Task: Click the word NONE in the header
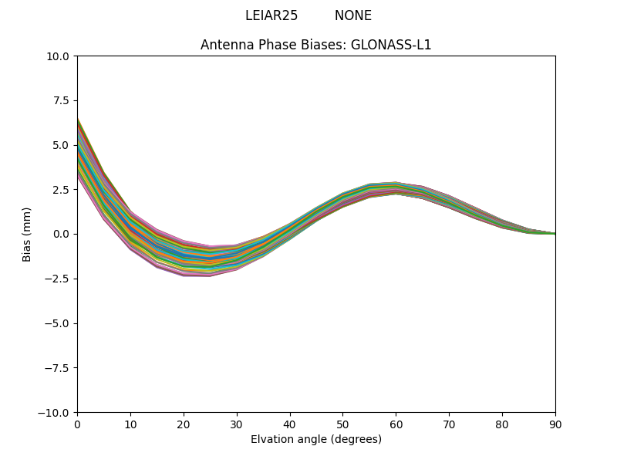click(353, 15)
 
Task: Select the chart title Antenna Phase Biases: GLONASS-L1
click(316, 45)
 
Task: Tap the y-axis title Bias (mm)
click(27, 234)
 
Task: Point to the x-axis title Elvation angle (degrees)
click(316, 440)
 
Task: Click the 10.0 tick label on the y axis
click(59, 56)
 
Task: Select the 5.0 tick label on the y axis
click(62, 145)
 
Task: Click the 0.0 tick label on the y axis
click(62, 234)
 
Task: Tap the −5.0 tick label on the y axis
click(59, 323)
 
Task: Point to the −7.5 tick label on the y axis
click(59, 368)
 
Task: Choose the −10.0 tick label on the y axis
click(56, 413)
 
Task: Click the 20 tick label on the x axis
click(184, 424)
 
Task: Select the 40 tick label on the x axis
click(290, 424)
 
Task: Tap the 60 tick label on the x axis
click(396, 424)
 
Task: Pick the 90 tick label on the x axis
click(555, 424)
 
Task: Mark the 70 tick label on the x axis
click(449, 424)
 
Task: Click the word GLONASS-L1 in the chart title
click(391, 45)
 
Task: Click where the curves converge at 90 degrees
click(555, 233)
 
